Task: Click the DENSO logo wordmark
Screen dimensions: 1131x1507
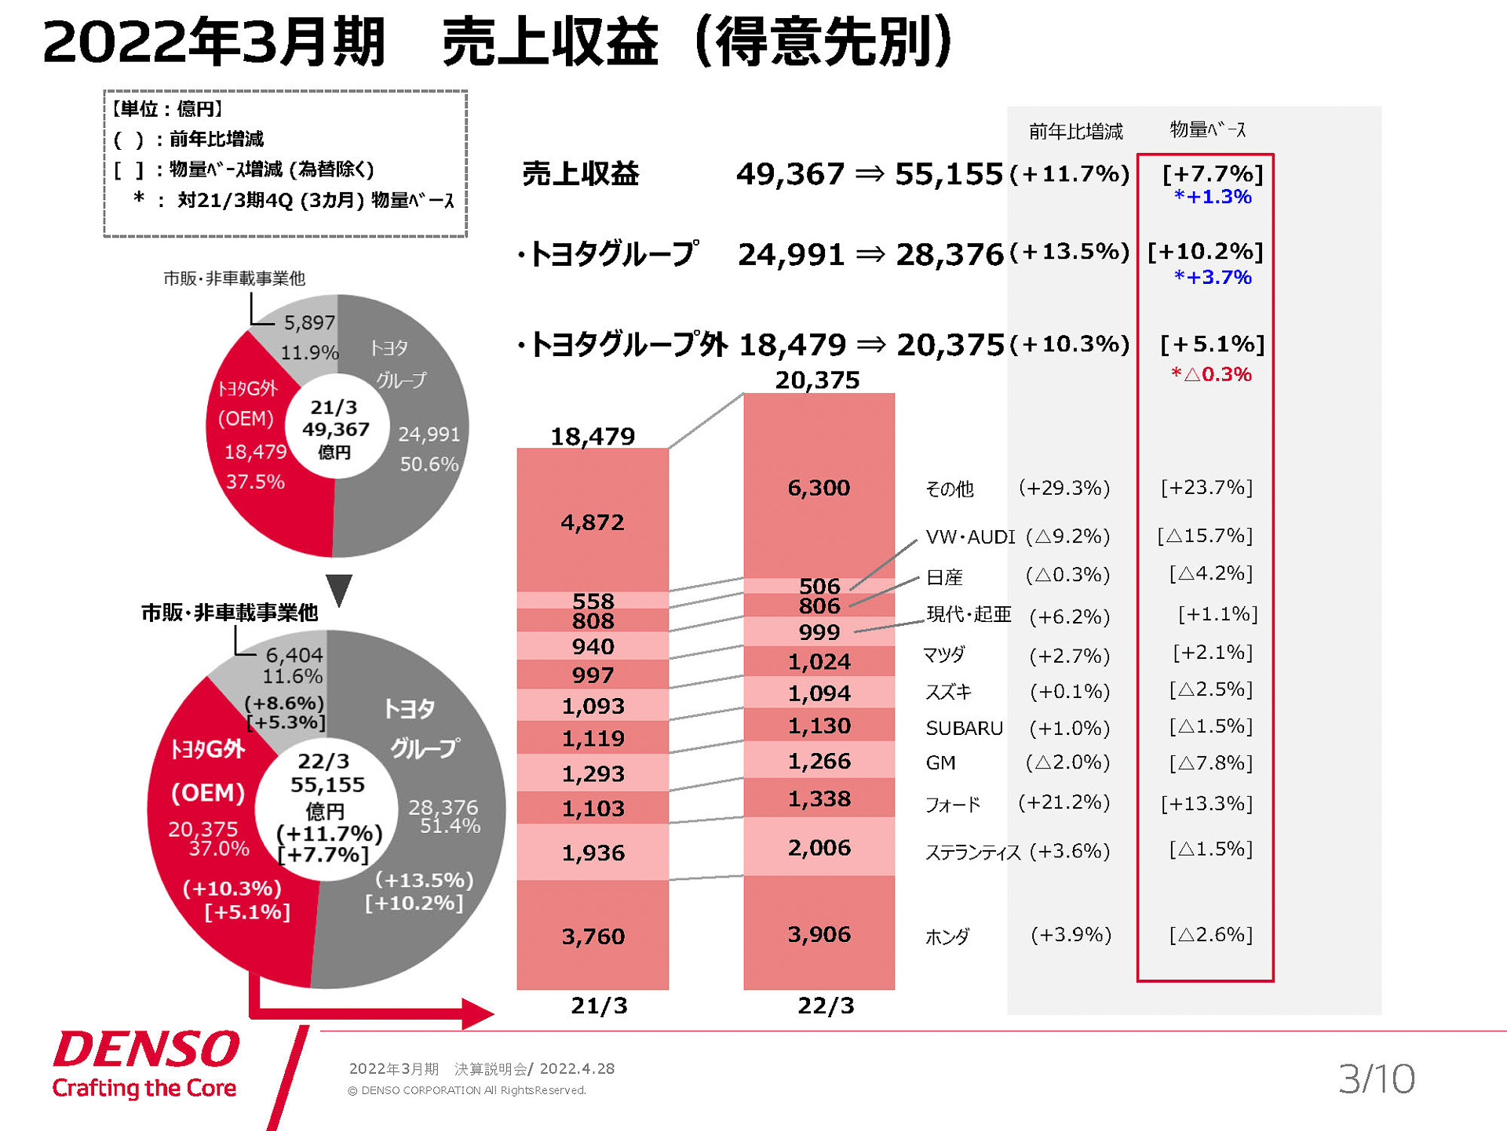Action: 146,1049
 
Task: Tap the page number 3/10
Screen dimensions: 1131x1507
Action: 1376,1078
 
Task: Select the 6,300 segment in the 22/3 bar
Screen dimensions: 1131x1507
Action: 819,488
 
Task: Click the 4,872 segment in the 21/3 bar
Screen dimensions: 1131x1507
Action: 593,522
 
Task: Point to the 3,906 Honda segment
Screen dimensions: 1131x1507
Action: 819,934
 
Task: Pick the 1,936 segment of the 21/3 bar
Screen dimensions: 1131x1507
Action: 593,853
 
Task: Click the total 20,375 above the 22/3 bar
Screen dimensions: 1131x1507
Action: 817,380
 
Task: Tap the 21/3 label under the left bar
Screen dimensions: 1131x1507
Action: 599,1006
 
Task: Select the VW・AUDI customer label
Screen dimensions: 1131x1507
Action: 970,537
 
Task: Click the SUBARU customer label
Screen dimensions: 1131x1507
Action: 964,729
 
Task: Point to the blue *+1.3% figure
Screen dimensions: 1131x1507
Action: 1212,197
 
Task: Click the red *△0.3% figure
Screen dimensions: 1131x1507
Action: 1211,374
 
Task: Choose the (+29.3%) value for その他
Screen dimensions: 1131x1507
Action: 1064,488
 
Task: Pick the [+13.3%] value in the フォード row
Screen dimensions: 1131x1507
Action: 1206,803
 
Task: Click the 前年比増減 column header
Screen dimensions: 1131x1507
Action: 1075,131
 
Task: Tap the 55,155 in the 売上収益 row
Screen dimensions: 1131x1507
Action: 948,173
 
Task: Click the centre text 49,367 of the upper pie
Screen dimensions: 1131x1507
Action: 335,429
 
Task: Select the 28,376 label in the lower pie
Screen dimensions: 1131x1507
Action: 443,807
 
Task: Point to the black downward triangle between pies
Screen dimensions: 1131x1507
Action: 339,589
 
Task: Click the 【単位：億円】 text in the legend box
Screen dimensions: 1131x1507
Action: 167,109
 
